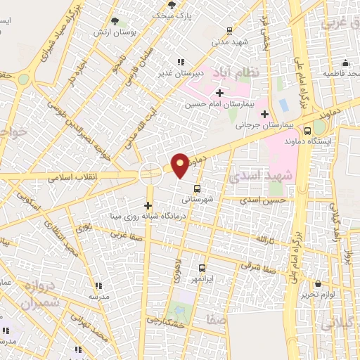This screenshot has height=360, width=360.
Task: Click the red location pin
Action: (x=181, y=165)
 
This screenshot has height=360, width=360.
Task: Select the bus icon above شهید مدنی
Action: (x=229, y=30)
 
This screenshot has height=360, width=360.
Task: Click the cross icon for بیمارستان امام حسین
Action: (x=219, y=92)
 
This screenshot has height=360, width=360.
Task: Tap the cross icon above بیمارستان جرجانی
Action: (x=264, y=114)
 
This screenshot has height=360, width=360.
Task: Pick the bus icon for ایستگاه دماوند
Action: (x=307, y=130)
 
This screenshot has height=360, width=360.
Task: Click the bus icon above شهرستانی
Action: (x=196, y=188)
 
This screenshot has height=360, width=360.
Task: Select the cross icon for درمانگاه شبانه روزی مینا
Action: (x=148, y=205)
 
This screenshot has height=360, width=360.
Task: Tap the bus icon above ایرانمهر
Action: (x=202, y=268)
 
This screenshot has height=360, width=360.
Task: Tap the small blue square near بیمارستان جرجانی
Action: (x=283, y=105)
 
